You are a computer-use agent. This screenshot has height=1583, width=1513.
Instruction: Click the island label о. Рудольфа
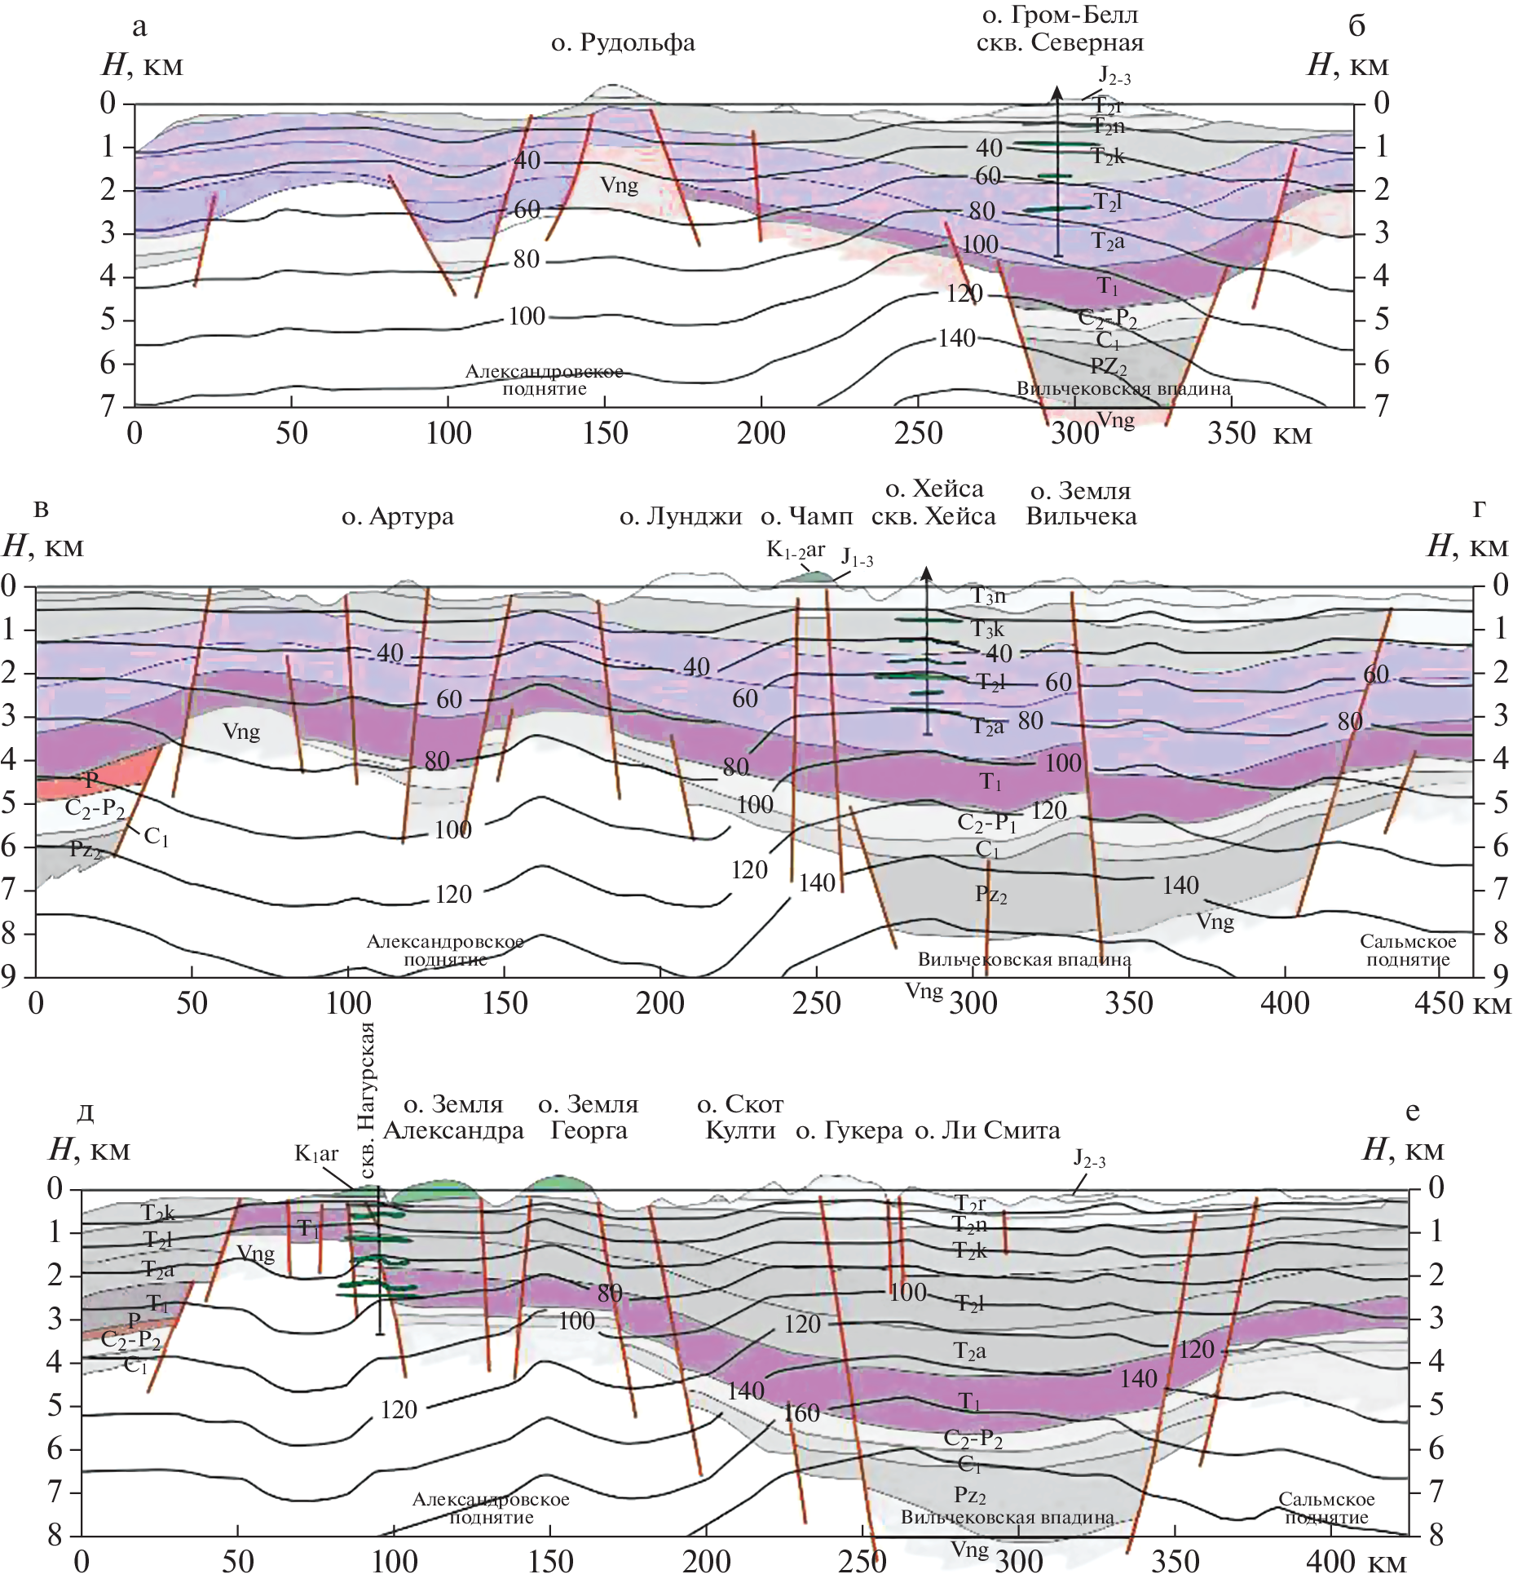[x=623, y=43]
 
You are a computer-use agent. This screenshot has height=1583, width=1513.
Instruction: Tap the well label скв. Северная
[x=1060, y=43]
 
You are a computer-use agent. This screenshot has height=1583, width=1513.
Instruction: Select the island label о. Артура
[x=397, y=517]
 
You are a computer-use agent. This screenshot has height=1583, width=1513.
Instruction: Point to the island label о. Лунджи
[x=681, y=517]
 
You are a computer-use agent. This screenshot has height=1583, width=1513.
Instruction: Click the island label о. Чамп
[x=806, y=517]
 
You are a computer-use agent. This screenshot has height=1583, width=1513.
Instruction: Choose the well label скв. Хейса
[x=933, y=517]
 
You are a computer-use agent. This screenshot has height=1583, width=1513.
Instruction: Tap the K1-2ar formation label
[x=796, y=551]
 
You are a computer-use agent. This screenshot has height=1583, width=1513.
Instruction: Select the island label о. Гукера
[x=849, y=1131]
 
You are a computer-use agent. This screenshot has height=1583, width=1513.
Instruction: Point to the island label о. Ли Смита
[x=987, y=1131]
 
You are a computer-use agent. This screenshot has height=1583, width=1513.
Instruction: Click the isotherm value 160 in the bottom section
[x=801, y=1413]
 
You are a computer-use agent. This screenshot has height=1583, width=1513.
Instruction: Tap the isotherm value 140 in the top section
[x=956, y=338]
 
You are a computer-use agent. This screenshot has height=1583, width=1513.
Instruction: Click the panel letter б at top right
[x=1356, y=26]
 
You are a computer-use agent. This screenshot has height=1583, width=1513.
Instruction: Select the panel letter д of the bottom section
[x=85, y=1112]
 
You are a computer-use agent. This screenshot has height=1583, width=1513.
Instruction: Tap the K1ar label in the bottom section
[x=316, y=1154]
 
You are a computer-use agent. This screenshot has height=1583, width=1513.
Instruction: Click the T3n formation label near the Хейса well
[x=989, y=596]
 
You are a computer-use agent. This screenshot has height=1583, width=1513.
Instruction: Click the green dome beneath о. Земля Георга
[x=558, y=1183]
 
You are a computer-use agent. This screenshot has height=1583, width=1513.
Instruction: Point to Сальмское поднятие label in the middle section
[x=1408, y=950]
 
